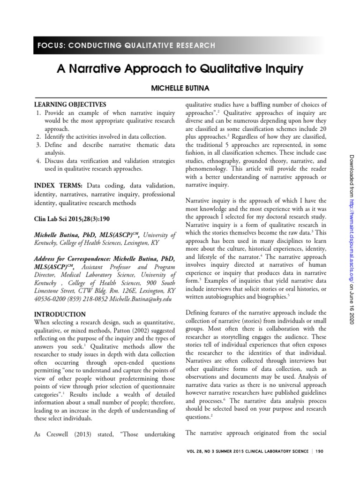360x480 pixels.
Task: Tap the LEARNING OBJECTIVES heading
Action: (x=70, y=104)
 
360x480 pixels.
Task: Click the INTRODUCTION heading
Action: (x=60, y=314)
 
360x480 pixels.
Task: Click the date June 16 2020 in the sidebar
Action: (x=350, y=312)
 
